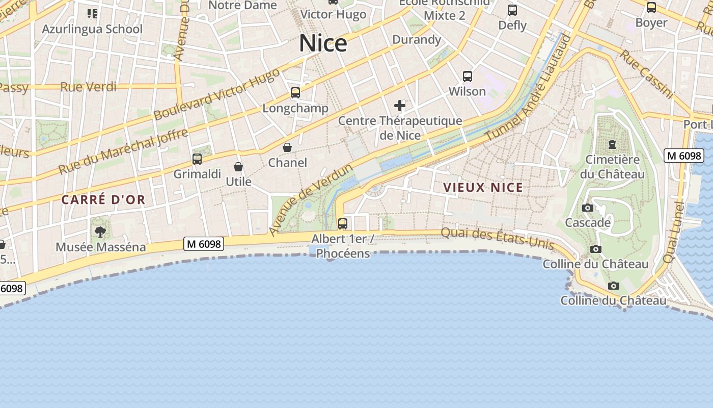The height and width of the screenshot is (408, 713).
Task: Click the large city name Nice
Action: click(x=323, y=43)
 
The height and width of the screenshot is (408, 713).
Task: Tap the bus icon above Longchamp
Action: click(x=295, y=93)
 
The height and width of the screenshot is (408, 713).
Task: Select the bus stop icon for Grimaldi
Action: click(x=197, y=159)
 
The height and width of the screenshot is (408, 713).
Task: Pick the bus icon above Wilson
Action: click(x=467, y=76)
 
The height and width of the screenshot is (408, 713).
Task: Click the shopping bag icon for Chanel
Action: click(x=287, y=147)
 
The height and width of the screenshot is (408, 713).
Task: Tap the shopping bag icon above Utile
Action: click(x=238, y=167)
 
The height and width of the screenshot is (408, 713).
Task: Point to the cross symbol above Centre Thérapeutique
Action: click(x=400, y=106)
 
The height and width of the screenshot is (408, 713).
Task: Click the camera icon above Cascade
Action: click(x=587, y=208)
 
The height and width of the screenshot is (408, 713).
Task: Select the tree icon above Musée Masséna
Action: click(x=100, y=232)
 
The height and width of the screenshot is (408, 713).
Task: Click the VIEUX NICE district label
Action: click(x=483, y=188)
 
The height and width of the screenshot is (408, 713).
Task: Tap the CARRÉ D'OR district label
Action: click(x=103, y=200)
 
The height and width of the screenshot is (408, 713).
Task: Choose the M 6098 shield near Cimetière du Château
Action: click(x=683, y=156)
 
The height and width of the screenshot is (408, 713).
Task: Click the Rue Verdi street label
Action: click(x=88, y=87)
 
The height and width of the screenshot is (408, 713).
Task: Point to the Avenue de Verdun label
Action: click(x=311, y=200)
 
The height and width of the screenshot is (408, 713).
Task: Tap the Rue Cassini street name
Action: click(x=645, y=74)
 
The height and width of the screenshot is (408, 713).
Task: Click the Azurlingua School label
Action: click(x=92, y=29)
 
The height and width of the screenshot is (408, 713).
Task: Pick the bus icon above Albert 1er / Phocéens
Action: click(x=343, y=223)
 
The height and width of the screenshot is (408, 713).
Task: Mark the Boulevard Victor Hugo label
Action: click(x=216, y=95)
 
